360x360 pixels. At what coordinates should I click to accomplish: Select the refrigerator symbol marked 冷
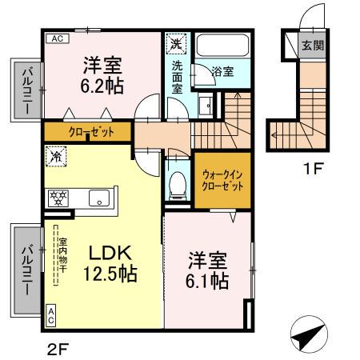(x=57, y=157)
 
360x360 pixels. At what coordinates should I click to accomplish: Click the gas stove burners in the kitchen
(x=58, y=198)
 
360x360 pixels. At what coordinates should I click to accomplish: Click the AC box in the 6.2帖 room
(x=58, y=38)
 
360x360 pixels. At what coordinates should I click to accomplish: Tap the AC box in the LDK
(x=51, y=317)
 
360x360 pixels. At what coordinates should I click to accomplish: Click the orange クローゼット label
(x=88, y=132)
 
